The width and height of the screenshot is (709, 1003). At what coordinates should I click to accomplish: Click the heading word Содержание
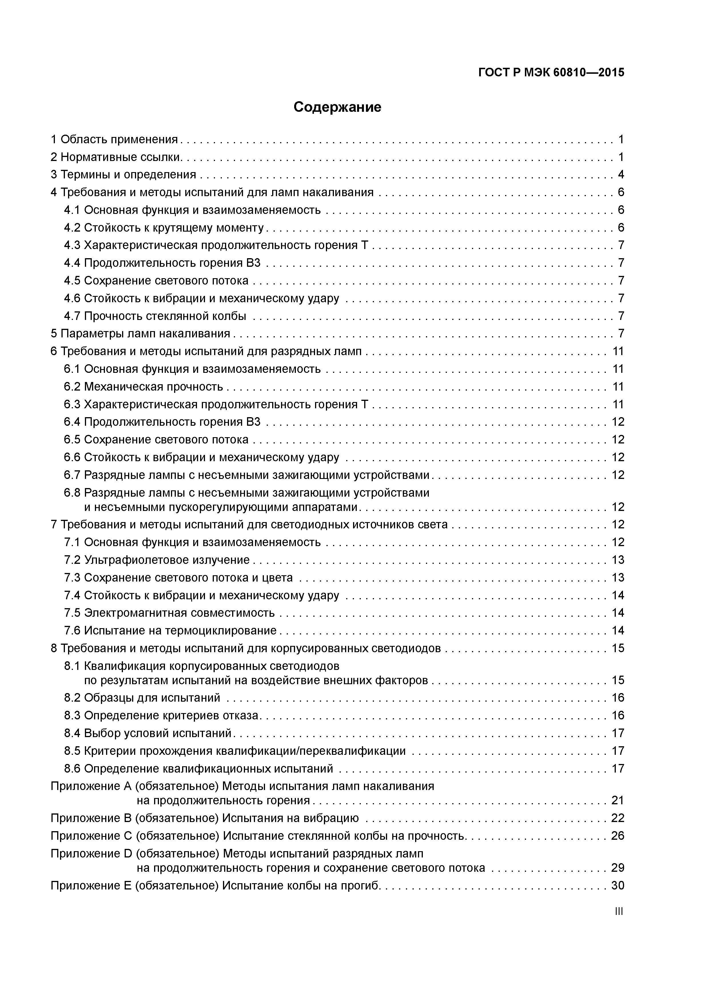[337, 107]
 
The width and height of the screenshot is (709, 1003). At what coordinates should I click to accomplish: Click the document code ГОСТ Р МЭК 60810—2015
[551, 73]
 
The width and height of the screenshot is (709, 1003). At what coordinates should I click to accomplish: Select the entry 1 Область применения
[114, 139]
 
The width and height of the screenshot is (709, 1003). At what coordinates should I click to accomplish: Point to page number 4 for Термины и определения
[621, 175]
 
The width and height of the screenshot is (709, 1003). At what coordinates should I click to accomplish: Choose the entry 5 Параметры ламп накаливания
[140, 334]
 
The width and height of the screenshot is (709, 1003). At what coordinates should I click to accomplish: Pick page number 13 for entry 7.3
[618, 578]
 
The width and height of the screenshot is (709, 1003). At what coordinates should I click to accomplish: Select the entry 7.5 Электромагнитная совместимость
[169, 613]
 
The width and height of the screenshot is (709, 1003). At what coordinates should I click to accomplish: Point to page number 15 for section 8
[618, 648]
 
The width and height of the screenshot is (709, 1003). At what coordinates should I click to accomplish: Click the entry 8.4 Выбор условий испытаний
[147, 733]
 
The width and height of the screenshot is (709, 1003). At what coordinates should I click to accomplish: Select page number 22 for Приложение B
[618, 818]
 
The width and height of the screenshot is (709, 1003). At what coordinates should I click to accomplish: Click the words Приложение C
[91, 836]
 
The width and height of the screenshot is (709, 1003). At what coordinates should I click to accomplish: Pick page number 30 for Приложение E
[618, 885]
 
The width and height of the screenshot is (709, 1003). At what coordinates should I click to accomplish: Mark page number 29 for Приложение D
[618, 867]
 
